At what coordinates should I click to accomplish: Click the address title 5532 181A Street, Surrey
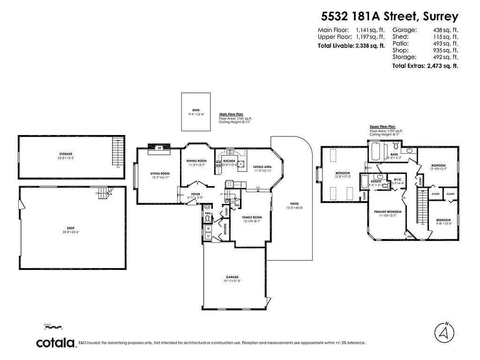tap(390, 17)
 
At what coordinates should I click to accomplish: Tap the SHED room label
tap(196, 111)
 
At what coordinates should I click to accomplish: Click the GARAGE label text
tap(233, 277)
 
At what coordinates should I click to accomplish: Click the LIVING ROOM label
tap(159, 174)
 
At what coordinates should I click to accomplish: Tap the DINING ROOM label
tap(196, 161)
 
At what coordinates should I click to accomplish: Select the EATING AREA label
tap(262, 167)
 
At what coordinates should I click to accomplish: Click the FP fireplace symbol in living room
tap(159, 148)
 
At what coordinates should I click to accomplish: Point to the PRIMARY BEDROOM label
tap(388, 211)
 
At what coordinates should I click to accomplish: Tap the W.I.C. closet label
tap(398, 180)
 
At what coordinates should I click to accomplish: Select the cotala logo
tap(56, 343)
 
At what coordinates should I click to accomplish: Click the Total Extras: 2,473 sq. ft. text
tap(425, 66)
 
